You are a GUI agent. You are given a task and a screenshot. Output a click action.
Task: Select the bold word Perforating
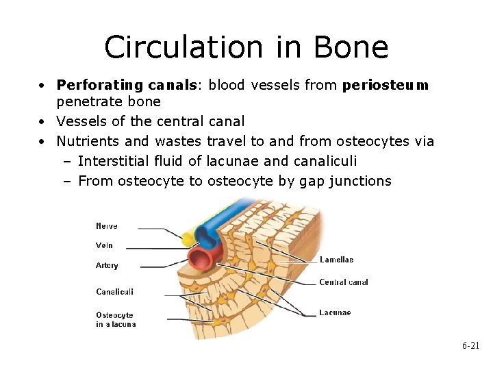tap(100, 86)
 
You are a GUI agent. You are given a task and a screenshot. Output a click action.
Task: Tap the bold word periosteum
tap(385, 86)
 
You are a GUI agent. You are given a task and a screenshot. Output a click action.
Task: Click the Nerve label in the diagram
tap(107, 226)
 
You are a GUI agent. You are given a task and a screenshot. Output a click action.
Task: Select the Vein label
tap(105, 245)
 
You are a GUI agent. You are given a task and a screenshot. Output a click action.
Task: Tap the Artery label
tap(107, 265)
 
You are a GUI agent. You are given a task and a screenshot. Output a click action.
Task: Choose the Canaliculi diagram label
tap(115, 292)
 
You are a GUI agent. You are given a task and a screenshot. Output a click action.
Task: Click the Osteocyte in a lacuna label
tap(116, 320)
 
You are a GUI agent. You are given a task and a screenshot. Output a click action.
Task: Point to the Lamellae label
tap(337, 260)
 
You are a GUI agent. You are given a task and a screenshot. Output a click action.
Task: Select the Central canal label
tap(344, 282)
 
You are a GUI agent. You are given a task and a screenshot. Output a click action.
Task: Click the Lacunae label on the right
tap(335, 312)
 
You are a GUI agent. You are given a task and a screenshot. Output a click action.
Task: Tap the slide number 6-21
tap(470, 347)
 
